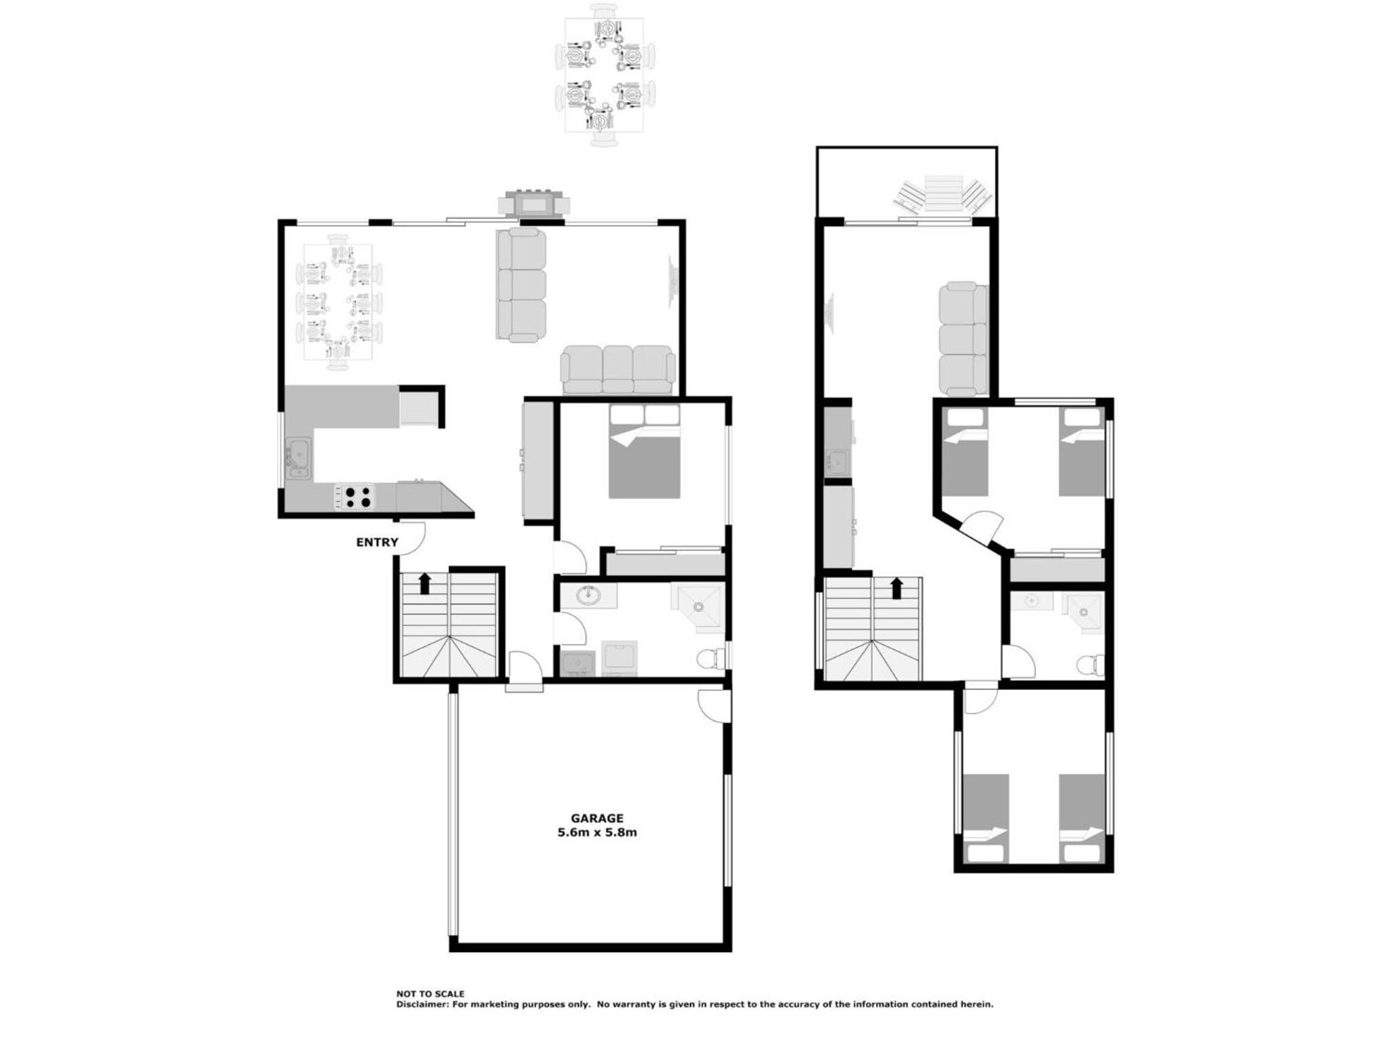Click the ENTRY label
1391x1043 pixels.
pyautogui.click(x=377, y=542)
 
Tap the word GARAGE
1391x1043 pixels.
pyautogui.click(x=597, y=818)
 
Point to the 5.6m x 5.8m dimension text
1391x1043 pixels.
pyautogui.click(x=597, y=832)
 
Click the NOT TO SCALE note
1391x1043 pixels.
pyautogui.click(x=431, y=993)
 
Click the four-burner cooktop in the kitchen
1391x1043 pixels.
pyautogui.click(x=354, y=496)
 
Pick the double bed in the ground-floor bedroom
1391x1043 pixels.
pyautogui.click(x=645, y=452)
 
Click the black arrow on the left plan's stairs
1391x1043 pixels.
pyautogui.click(x=425, y=583)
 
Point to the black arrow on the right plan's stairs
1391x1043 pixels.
pyautogui.click(x=896, y=588)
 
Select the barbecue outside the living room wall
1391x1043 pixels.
pyautogui.click(x=534, y=203)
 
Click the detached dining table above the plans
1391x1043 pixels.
pyautogui.click(x=604, y=75)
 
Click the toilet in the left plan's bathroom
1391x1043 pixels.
pyautogui.click(x=710, y=658)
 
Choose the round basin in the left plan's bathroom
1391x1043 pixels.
pyautogui.click(x=588, y=596)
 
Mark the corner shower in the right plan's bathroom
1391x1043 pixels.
pyautogui.click(x=1083, y=612)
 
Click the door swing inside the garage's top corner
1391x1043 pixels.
pyautogui.click(x=713, y=706)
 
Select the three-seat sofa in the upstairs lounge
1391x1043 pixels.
pyautogui.click(x=963, y=339)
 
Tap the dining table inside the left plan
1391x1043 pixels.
pyautogui.click(x=338, y=302)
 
